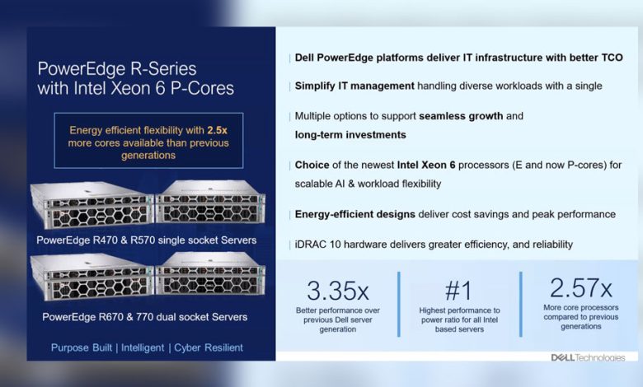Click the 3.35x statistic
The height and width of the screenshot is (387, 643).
tap(338, 291)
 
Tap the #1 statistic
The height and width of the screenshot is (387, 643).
tap(458, 291)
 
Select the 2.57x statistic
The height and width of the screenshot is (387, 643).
tap(581, 287)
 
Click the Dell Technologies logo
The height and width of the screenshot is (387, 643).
tap(589, 357)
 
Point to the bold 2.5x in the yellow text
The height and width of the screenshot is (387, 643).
tap(217, 130)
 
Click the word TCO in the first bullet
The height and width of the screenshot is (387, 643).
tap(612, 58)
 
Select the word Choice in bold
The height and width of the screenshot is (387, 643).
tap(312, 165)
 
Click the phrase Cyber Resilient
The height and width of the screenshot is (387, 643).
tap(209, 347)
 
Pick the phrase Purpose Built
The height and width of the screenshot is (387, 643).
tap(81, 347)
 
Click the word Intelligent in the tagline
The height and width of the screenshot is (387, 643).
tap(143, 347)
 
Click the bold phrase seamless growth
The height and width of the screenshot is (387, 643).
tap(461, 116)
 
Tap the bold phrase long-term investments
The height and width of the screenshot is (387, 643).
tap(350, 135)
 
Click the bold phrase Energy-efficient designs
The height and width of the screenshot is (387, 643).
tap(355, 215)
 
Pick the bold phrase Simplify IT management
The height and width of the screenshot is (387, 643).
tap(354, 86)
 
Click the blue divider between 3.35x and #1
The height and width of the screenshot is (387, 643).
tap(399, 304)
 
